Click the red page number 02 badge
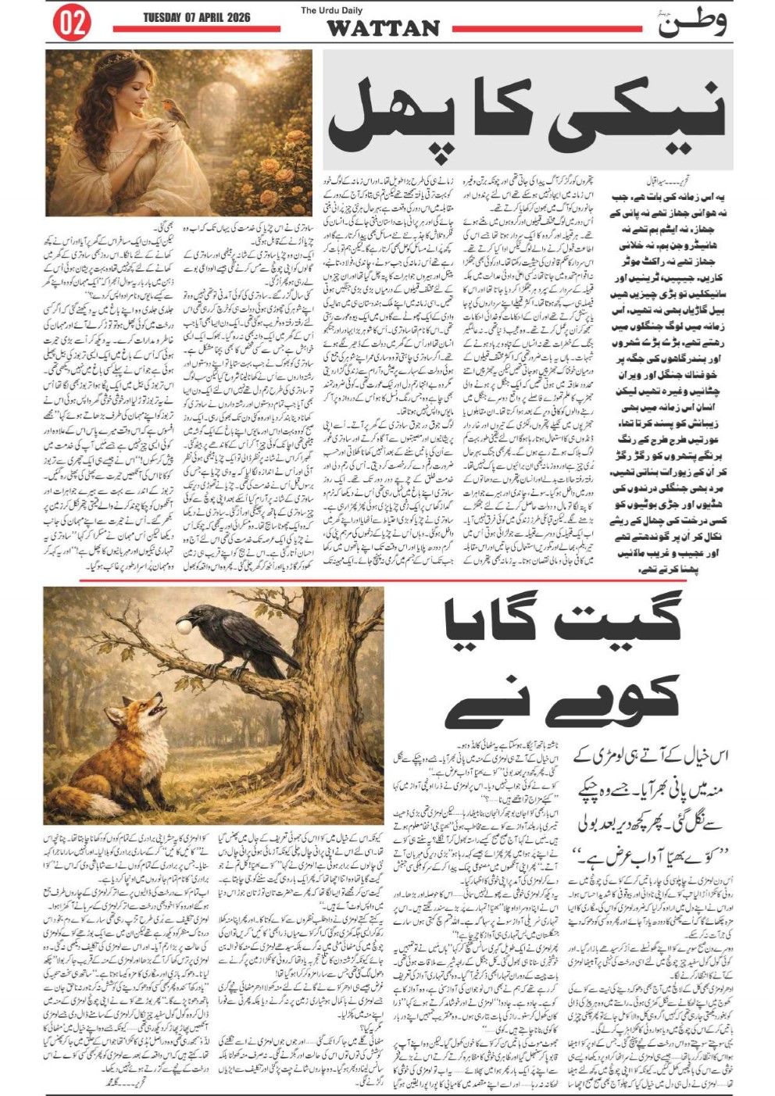(x=71, y=24)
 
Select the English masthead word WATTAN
(x=383, y=29)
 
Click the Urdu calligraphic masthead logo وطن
(x=691, y=24)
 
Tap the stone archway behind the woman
(x=231, y=117)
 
